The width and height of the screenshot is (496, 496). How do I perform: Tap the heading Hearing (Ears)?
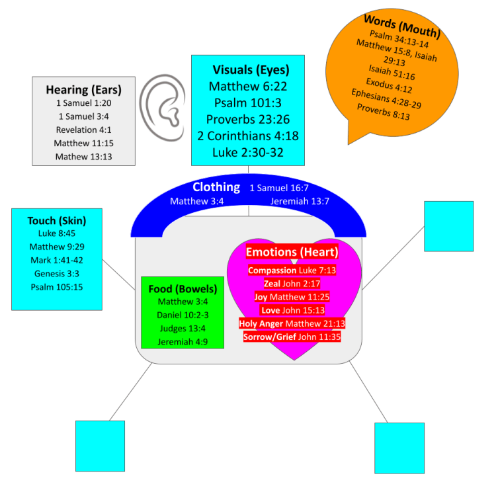(x=83, y=89)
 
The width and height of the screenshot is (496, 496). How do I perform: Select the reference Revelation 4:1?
(x=83, y=130)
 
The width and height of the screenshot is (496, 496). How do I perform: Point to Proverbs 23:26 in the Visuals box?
(x=247, y=120)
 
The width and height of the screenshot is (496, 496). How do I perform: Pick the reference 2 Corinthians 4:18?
(x=247, y=136)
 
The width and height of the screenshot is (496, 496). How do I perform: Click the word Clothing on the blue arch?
(x=216, y=187)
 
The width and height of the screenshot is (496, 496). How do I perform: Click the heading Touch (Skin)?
(x=57, y=220)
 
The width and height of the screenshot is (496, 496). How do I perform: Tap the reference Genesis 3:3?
(x=57, y=274)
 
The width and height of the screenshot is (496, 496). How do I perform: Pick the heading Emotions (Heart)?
(x=292, y=252)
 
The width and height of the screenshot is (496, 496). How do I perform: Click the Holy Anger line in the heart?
(x=292, y=323)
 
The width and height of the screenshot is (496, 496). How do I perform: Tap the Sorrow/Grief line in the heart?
(x=292, y=337)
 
